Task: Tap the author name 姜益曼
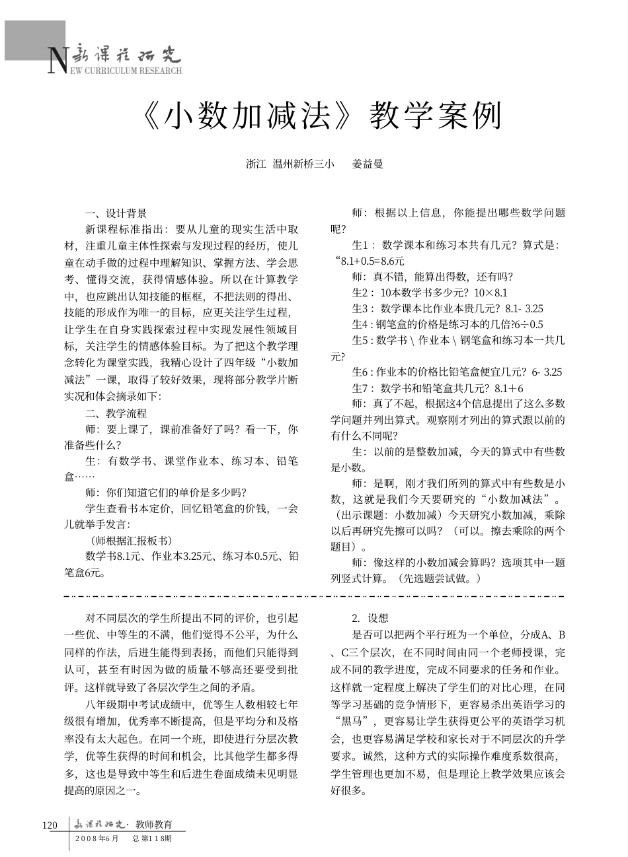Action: tap(368, 164)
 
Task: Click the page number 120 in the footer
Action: tap(50, 825)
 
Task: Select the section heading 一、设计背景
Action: tap(116, 213)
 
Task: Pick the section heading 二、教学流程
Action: tap(116, 413)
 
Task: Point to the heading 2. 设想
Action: tap(370, 619)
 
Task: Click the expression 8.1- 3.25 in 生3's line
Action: tap(524, 308)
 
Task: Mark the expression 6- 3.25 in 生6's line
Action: tap(541, 372)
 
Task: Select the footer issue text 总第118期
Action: tap(152, 839)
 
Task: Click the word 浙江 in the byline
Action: tap(255, 164)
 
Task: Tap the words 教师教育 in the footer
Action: tap(153, 824)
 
